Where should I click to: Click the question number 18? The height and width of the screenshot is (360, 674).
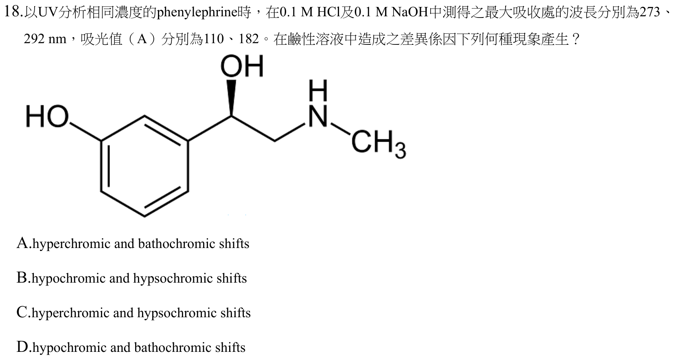12,12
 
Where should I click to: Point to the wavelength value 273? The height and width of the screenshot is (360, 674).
650,12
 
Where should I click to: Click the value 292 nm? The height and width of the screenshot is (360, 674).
45,39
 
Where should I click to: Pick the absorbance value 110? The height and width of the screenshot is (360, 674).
214,39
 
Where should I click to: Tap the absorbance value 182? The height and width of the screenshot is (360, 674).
249,39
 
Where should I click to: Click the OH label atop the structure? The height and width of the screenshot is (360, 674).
242,66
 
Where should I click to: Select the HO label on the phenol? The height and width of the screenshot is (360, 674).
47,116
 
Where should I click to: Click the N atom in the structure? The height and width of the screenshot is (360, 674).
318,116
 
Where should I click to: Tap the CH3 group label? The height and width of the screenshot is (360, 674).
379,144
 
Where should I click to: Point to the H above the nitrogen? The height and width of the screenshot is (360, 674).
318,90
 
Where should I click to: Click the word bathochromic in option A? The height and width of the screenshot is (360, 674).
177,244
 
